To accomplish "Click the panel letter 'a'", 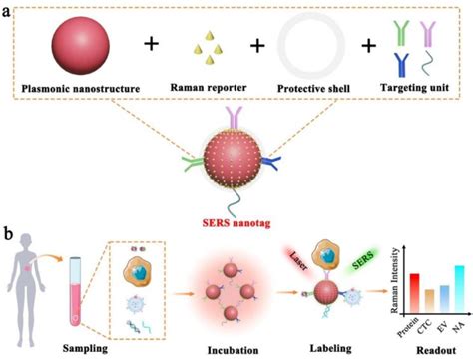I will pos(9,8).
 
